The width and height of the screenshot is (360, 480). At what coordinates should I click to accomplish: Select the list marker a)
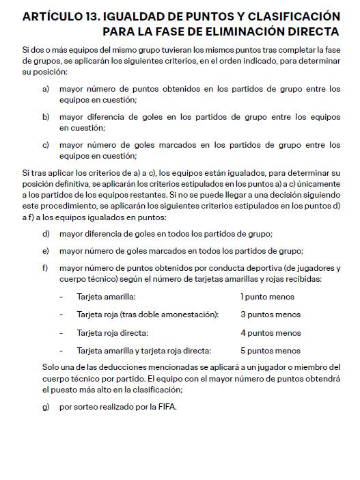[x=46, y=89]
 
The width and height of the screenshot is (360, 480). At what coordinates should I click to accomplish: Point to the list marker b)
[x=46, y=117]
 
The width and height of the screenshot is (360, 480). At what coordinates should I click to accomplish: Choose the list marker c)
[x=46, y=145]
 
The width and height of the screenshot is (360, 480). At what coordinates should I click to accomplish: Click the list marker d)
[x=46, y=233]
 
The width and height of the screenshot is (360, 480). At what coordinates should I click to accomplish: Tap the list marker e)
[x=46, y=250]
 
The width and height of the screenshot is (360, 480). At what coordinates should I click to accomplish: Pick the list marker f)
[x=46, y=268]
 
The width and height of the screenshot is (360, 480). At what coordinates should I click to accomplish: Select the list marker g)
[x=46, y=406]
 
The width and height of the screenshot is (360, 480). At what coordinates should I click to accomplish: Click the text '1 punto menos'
[x=267, y=297]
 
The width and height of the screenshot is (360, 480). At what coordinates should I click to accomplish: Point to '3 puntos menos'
[x=271, y=315]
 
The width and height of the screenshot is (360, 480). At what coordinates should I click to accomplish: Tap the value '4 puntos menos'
[x=271, y=333]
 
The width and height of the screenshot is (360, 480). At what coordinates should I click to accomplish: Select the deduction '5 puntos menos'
[x=271, y=351]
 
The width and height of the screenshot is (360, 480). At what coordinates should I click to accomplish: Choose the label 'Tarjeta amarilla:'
[x=106, y=297]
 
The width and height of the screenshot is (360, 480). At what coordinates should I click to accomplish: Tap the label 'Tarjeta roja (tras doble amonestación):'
[x=148, y=315]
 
